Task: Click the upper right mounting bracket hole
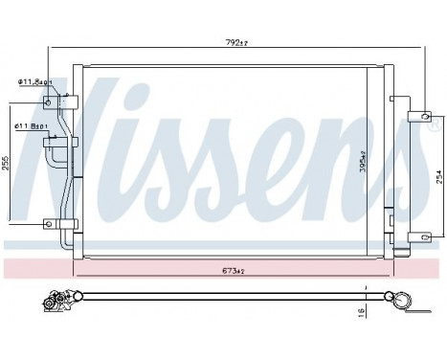click(416, 117)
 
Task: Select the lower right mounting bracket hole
click(416, 234)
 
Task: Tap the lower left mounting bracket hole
click(48, 224)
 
